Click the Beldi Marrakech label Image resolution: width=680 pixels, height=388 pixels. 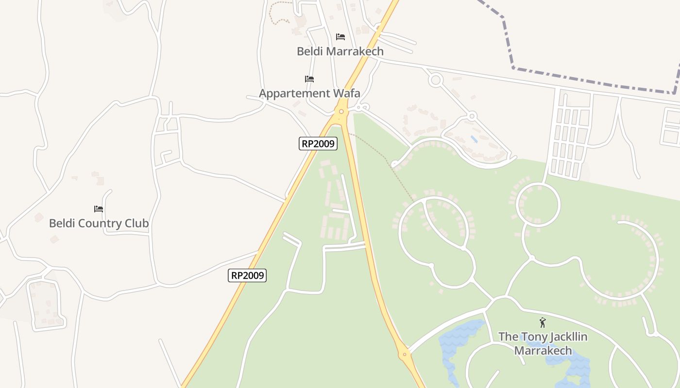click(340, 51)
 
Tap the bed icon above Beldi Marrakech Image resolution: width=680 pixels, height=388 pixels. click(340, 37)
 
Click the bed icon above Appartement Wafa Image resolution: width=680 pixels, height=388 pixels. click(309, 79)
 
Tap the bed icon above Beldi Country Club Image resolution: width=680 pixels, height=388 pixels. click(99, 209)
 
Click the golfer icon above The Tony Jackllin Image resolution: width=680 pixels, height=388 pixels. click(543, 323)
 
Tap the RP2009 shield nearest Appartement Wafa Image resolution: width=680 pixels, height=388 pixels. click(318, 144)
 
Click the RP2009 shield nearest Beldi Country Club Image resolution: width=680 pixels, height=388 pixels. click(247, 275)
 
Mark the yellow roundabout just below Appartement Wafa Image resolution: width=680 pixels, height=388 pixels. click(342, 112)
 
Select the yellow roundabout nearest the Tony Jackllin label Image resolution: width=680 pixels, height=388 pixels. click(405, 355)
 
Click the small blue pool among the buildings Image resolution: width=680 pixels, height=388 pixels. click(474, 139)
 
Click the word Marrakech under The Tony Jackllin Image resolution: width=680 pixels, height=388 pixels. click(543, 350)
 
